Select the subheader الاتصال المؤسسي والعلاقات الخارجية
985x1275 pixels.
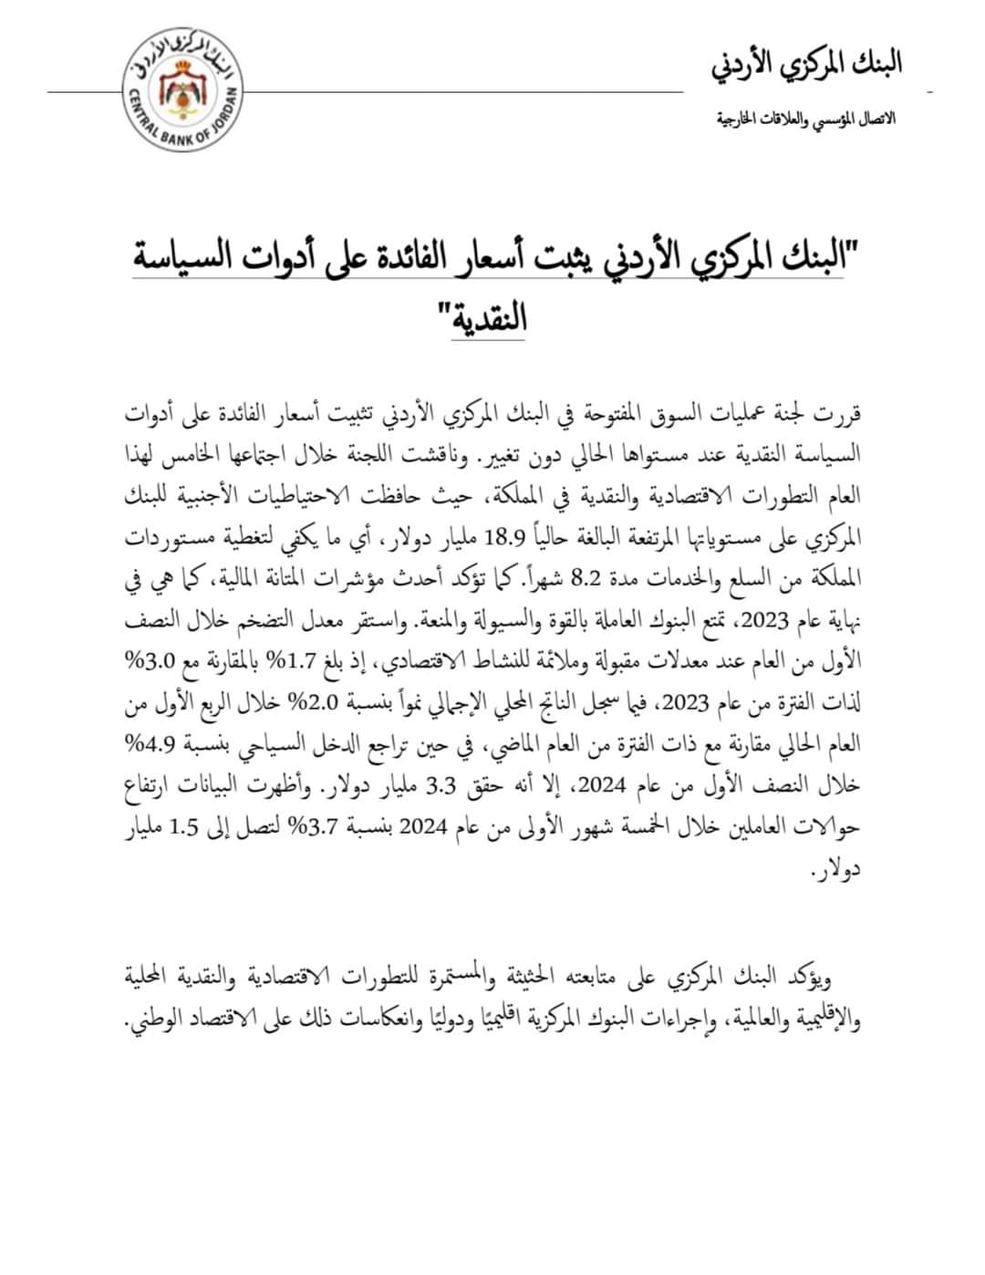tap(805, 119)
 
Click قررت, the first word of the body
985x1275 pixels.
tap(839, 414)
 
